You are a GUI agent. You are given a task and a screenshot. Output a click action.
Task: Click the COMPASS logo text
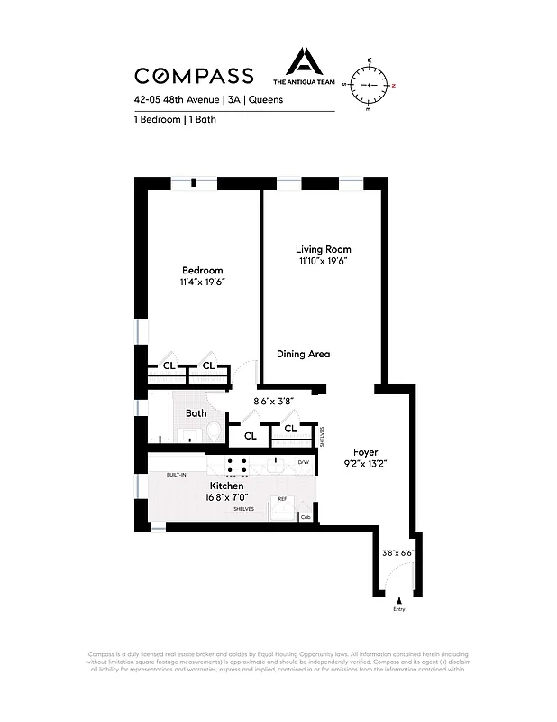(194, 77)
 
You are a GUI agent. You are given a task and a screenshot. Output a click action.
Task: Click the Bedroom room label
(202, 271)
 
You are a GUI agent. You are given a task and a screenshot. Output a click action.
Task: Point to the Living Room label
(324, 249)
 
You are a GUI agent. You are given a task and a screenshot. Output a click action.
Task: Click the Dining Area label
(303, 354)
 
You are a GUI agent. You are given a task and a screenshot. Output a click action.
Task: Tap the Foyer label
(365, 452)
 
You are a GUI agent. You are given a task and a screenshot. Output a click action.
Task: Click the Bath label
(196, 413)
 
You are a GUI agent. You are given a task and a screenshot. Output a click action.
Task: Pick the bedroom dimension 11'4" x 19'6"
(202, 282)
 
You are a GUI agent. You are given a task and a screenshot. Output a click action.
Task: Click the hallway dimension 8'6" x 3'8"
(274, 402)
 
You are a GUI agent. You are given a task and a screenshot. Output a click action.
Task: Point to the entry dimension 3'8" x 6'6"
(397, 553)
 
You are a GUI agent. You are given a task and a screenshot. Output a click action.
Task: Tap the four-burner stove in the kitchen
(237, 466)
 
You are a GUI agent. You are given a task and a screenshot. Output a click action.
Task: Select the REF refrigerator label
(282, 499)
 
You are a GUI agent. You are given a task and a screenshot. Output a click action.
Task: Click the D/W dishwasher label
(304, 463)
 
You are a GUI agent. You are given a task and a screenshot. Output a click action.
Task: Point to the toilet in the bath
(213, 432)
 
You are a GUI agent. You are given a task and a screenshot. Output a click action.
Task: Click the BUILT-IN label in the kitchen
(176, 475)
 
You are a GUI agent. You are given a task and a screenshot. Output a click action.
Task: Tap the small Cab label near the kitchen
(306, 517)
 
